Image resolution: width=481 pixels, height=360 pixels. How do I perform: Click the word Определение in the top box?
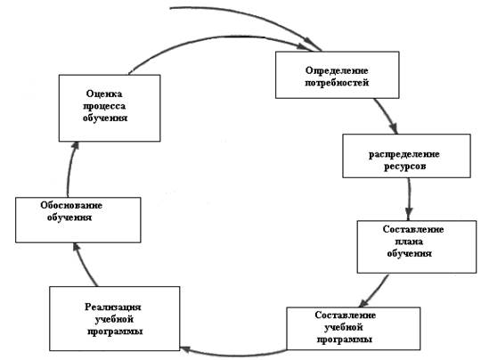337,70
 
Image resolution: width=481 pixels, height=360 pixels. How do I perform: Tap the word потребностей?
337,83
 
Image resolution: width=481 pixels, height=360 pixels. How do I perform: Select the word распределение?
404,154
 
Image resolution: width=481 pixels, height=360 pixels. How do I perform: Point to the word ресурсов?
404,167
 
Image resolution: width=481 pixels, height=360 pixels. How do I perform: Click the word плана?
409,241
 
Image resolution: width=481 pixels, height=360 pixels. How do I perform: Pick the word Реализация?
113,307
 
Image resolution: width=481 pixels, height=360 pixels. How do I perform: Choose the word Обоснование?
71,205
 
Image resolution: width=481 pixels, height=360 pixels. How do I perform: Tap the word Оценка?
104,94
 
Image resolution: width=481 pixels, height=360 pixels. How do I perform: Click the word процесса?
104,106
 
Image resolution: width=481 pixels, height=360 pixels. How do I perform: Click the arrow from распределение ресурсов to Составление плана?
409,199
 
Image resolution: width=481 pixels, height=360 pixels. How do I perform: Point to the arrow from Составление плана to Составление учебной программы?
374,290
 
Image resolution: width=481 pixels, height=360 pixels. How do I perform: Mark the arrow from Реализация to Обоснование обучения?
84,264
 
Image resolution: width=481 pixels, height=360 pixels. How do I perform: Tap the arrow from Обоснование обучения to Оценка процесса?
70,168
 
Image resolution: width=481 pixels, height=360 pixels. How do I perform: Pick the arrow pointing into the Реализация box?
233,355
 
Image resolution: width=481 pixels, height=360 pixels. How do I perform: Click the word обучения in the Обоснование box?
69,217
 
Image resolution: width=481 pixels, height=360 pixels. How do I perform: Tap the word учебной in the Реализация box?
114,320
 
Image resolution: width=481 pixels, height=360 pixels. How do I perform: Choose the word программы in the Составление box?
345,340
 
